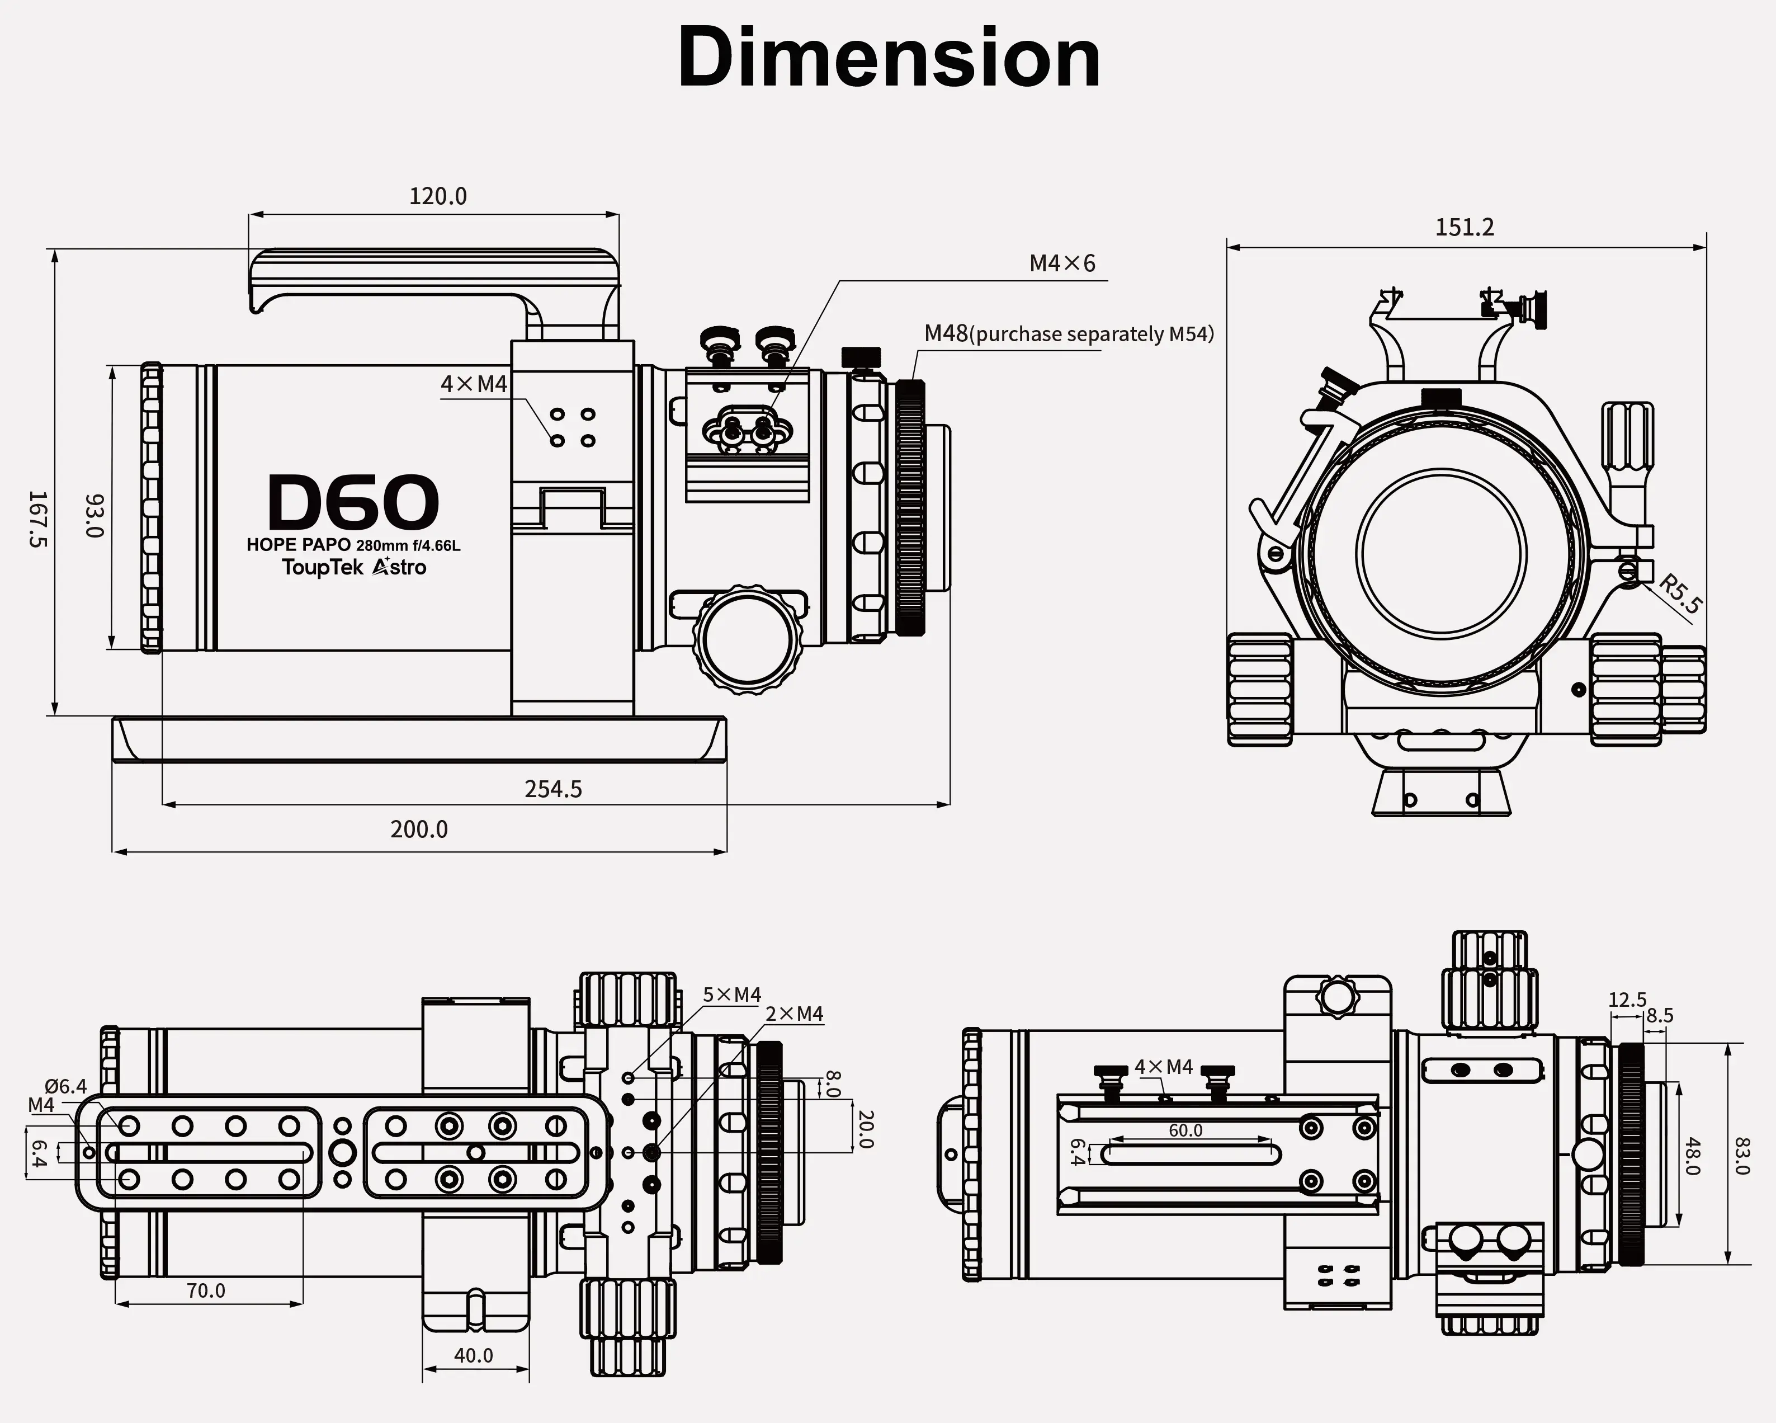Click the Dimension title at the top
[x=888, y=58]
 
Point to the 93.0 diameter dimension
[x=94, y=515]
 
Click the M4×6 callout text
[x=1062, y=263]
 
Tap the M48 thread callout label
[x=1069, y=334]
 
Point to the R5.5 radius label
[x=1679, y=594]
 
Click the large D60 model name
[x=352, y=503]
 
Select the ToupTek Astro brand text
[x=353, y=567]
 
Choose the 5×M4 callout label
[x=731, y=995]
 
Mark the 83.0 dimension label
[x=1741, y=1156]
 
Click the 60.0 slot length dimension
[x=1185, y=1130]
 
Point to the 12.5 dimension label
[x=1627, y=1000]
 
